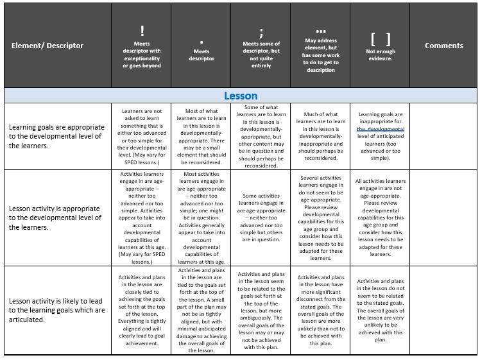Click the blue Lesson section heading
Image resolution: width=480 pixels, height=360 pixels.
pos(241,96)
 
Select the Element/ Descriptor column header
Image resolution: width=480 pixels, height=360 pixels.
pos(47,46)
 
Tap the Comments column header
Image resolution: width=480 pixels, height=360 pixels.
pos(443,46)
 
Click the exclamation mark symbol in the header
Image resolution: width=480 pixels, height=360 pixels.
pos(142,30)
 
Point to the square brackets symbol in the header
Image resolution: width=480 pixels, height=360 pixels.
pos(380,38)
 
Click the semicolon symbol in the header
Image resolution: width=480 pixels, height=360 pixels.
pos(261,33)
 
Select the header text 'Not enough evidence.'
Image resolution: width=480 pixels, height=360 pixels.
pos(380,55)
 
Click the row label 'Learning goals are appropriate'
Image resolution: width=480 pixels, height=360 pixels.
pos(55,136)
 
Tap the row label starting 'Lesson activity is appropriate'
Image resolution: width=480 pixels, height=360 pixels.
pos(55,218)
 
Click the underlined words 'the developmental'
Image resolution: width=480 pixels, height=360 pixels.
pos(381,129)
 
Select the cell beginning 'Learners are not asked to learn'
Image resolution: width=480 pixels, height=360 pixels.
pos(142,136)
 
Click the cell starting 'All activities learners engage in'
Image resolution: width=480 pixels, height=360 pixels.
pos(380,218)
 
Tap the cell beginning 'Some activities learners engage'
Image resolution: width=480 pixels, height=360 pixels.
pos(261,218)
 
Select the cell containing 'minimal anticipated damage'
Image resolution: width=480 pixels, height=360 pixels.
pos(201,310)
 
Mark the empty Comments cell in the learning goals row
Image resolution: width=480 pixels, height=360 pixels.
pos(443,136)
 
